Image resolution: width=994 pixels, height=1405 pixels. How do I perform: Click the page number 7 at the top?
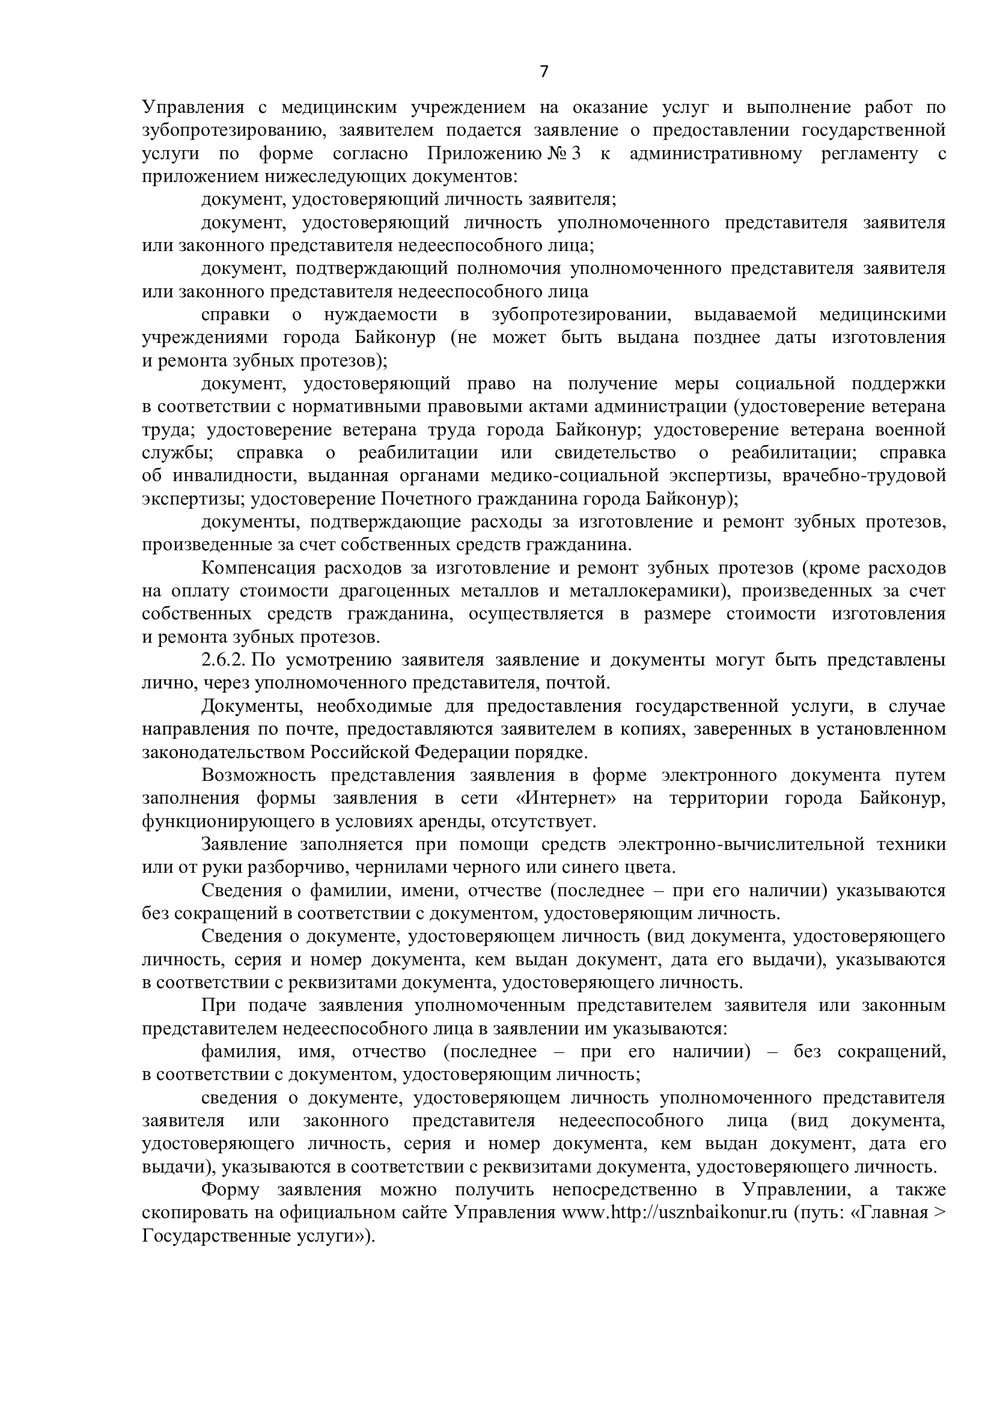pyautogui.click(x=544, y=72)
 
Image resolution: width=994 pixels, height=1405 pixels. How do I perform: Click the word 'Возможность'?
pyautogui.click(x=258, y=775)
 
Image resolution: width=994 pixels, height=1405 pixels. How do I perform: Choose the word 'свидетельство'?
pyautogui.click(x=615, y=453)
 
